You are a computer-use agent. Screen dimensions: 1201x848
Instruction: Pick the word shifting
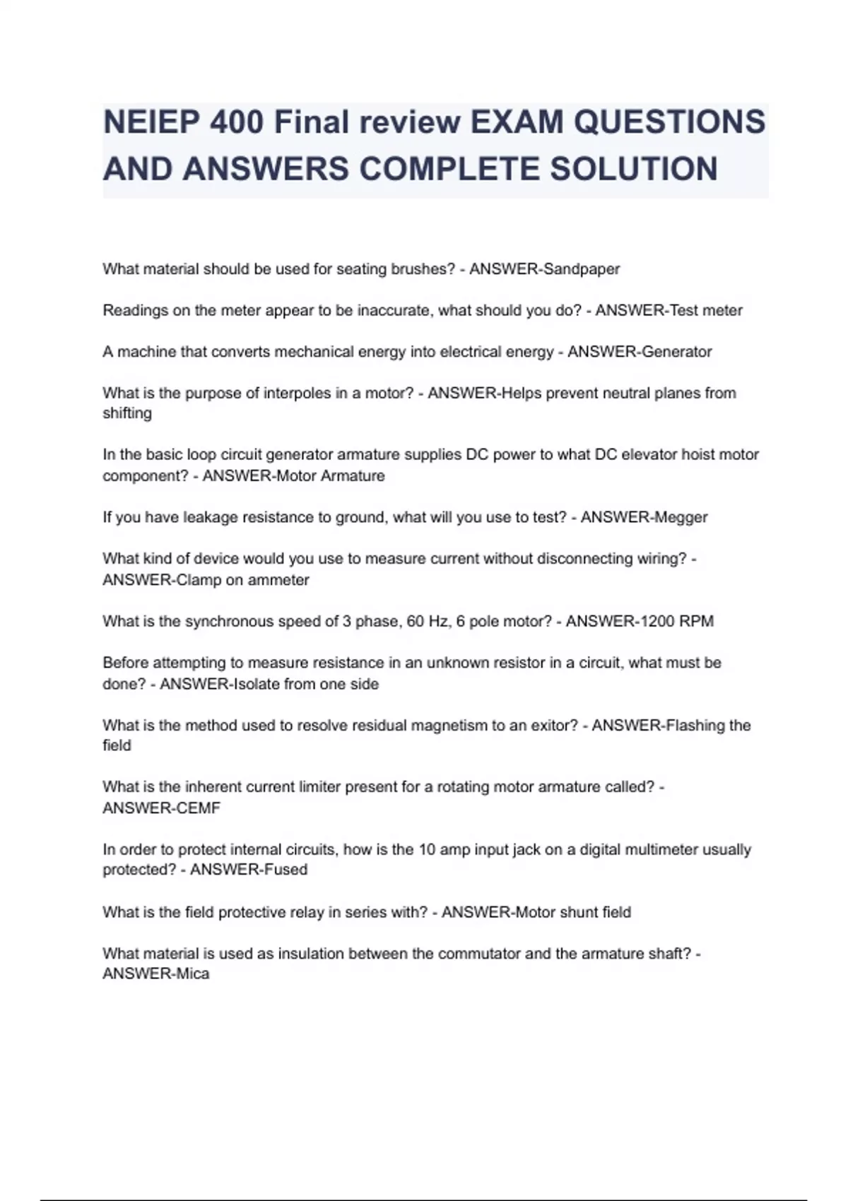tap(127, 413)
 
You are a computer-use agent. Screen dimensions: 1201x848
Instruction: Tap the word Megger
tap(681, 517)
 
